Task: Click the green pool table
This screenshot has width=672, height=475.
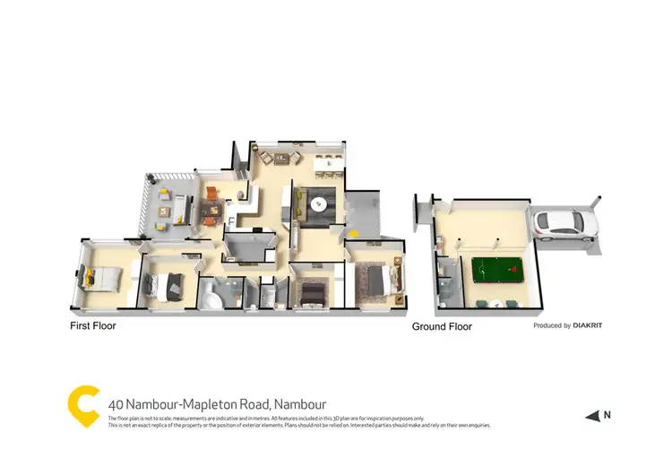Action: point(492,269)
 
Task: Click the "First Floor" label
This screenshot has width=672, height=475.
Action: point(93,326)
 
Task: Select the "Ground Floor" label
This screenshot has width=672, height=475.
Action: point(442,327)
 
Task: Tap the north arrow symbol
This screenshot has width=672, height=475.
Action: point(591,415)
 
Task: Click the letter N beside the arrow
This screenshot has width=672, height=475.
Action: point(607,414)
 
